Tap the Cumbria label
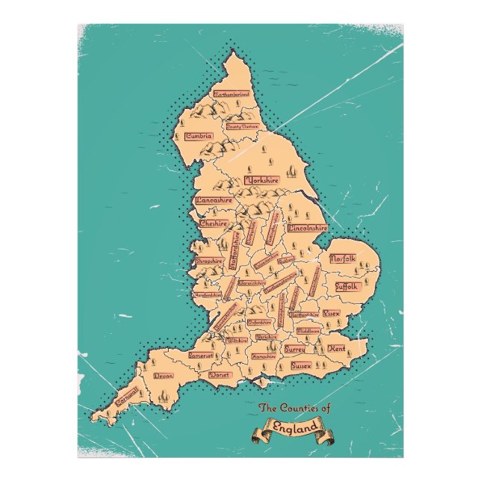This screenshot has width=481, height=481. pos(199,136)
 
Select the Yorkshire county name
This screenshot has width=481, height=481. pos(261,180)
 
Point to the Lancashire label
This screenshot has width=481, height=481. pos(214,200)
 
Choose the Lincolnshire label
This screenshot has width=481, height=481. pos(307,226)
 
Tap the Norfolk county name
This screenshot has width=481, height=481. pos(343,258)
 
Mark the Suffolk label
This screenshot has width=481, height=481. pos(347,286)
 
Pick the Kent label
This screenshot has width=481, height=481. pos(336,349)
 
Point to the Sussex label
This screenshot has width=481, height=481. pos(300,367)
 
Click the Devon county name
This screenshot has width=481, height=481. pos(163,376)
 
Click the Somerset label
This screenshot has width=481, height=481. pos(200,356)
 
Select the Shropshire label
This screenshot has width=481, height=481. pos(209,261)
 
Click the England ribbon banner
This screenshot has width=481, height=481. pos(292,430)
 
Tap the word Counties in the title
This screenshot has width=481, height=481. pos(300,408)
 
